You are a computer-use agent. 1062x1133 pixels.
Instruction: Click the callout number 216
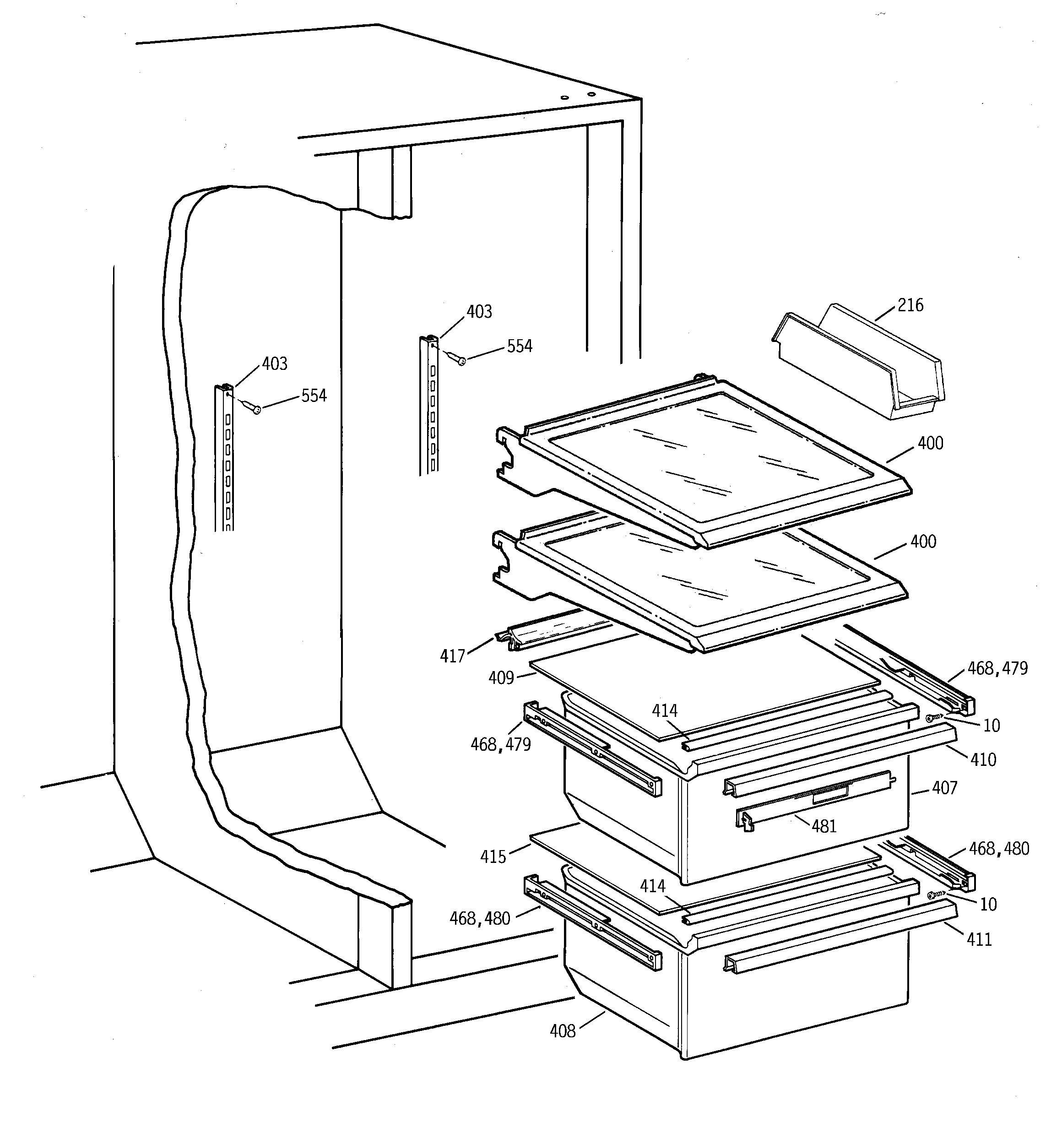pyautogui.click(x=910, y=305)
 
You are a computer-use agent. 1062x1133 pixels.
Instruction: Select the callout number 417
pyautogui.click(x=452, y=656)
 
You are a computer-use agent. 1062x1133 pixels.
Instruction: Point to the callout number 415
pyautogui.click(x=493, y=857)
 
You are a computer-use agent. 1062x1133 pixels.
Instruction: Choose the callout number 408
pyautogui.click(x=562, y=1031)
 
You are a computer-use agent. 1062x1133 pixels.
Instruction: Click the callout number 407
pyautogui.click(x=944, y=788)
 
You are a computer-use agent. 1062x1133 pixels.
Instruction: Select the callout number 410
pyautogui.click(x=983, y=760)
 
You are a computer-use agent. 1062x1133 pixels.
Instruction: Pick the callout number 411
pyautogui.click(x=979, y=939)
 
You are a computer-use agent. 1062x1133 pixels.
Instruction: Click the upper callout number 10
pyautogui.click(x=992, y=726)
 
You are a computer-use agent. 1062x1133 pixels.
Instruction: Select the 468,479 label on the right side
pyautogui.click(x=997, y=668)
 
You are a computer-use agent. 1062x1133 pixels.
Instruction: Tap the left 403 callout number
pyautogui.click(x=274, y=363)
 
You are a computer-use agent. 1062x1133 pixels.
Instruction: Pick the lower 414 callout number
pyautogui.click(x=652, y=886)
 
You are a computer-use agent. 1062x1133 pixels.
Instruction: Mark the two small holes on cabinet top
pyautogui.click(x=577, y=96)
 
